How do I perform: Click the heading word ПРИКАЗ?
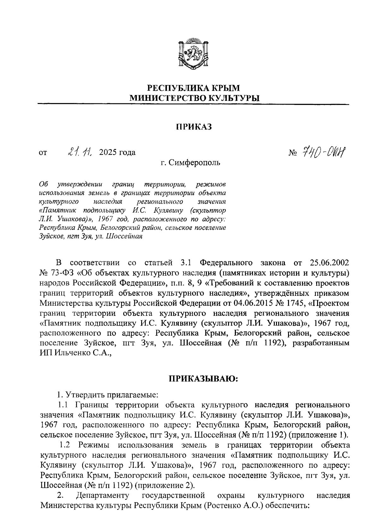(193, 127)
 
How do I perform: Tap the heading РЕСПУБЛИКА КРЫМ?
(194, 88)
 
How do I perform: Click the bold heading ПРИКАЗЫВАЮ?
(202, 379)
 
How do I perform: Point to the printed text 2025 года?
(117, 153)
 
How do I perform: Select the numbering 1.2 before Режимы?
(64, 445)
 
